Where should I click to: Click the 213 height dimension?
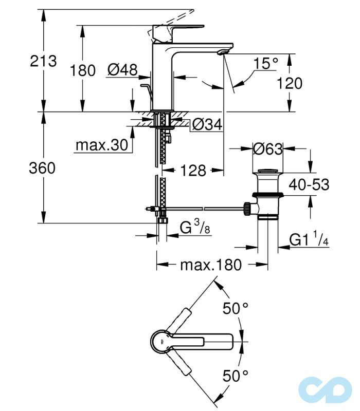click(x=43, y=61)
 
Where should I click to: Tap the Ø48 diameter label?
click(x=122, y=69)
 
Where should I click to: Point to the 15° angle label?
click(x=265, y=64)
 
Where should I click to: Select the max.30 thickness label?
click(x=101, y=145)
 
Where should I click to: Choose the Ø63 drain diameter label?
click(x=268, y=149)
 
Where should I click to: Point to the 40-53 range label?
click(x=309, y=184)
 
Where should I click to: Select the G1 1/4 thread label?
click(x=309, y=240)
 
